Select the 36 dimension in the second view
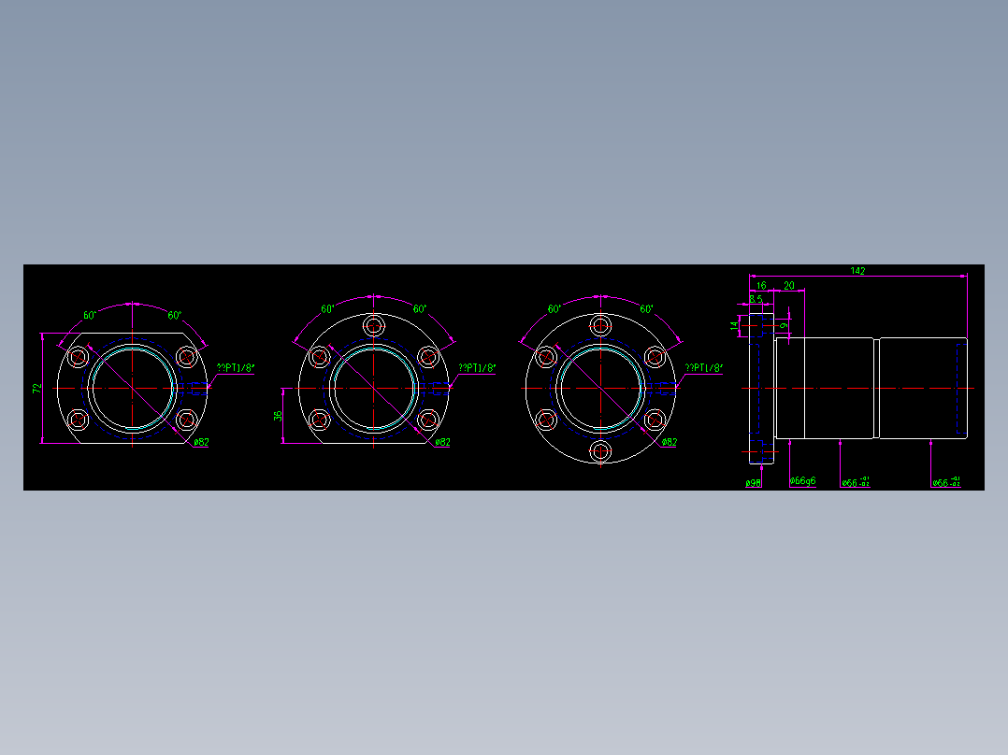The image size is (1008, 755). point(278,415)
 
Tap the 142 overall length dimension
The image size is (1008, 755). point(857,271)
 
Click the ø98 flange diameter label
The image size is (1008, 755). point(753,483)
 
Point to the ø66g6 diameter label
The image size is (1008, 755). point(802,481)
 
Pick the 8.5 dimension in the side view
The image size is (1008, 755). point(756,300)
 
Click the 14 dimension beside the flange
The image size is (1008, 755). point(734,325)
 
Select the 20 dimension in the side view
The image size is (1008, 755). point(789,285)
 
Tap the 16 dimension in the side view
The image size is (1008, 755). point(761,285)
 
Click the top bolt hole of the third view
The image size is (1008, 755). point(600,326)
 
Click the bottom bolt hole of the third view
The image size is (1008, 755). point(600,451)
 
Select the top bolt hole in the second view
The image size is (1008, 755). point(374,326)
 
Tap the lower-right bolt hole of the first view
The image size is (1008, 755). point(186,420)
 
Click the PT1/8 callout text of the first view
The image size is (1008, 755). point(236,368)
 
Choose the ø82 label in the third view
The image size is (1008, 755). point(669,442)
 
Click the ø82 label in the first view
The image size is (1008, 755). point(200,442)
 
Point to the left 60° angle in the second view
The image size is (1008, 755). point(328,308)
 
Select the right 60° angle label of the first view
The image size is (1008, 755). point(175,315)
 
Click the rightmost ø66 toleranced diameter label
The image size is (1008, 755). point(945,482)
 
